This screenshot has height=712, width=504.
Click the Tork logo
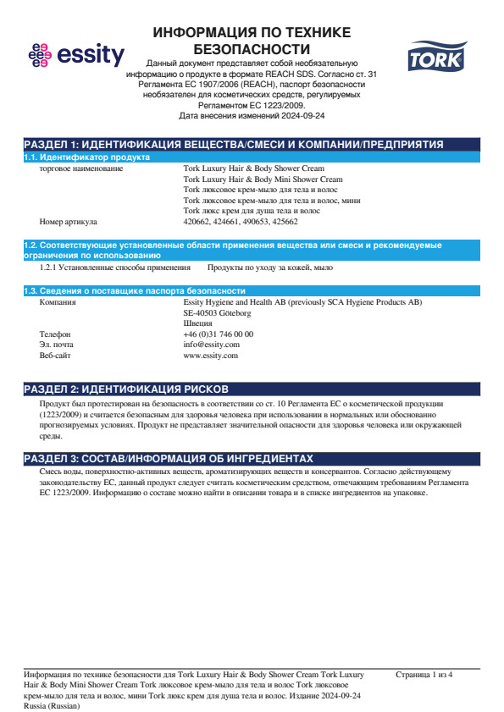pyautogui.click(x=430, y=58)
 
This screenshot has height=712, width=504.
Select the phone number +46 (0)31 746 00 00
pyautogui.click(x=218, y=334)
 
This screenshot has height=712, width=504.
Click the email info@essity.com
pyautogui.click(x=211, y=345)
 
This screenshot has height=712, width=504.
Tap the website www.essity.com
pyautogui.click(x=210, y=356)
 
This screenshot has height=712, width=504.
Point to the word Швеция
pyautogui.click(x=197, y=323)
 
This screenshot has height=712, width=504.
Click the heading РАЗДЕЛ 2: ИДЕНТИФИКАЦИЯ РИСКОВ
pyautogui.click(x=125, y=389)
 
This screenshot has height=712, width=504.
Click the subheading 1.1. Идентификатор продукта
pyautogui.click(x=86, y=157)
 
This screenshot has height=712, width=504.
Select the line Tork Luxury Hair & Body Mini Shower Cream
pyautogui.click(x=263, y=179)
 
